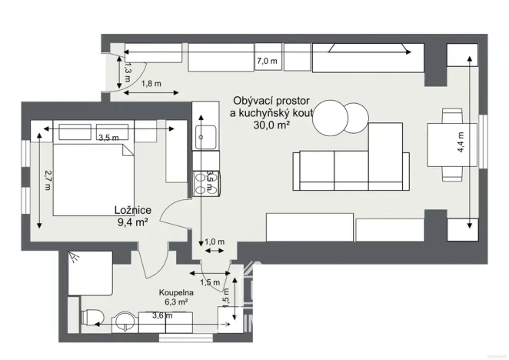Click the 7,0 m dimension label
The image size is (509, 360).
pos(267,61)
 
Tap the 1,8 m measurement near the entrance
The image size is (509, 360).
pos(152,84)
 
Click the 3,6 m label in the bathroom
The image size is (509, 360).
pos(161,315)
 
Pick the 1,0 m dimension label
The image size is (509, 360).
pos(215,242)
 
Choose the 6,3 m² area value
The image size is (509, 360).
pos(176,303)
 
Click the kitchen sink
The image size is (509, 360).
pos(206,139)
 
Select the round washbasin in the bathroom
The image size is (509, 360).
pos(124,319)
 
